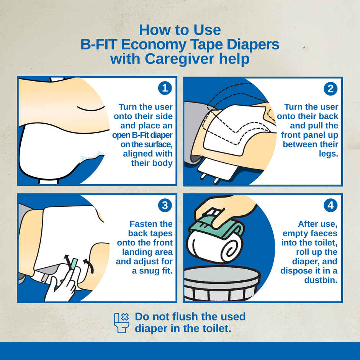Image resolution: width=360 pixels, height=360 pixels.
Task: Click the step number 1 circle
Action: pos(165,88)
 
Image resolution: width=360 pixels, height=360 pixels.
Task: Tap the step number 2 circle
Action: pos(331,88)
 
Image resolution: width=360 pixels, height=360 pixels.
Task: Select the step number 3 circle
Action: pos(165,205)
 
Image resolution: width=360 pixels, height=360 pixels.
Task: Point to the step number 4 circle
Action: pos(331,205)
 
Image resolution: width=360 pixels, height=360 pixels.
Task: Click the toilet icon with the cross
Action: pos(121,323)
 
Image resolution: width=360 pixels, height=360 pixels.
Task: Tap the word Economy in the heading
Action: pos(154,44)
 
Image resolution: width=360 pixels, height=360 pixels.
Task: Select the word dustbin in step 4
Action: pos(321,280)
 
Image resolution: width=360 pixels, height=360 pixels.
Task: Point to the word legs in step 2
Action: pos(328,154)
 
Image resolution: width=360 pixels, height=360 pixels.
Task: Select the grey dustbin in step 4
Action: pos(222,283)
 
